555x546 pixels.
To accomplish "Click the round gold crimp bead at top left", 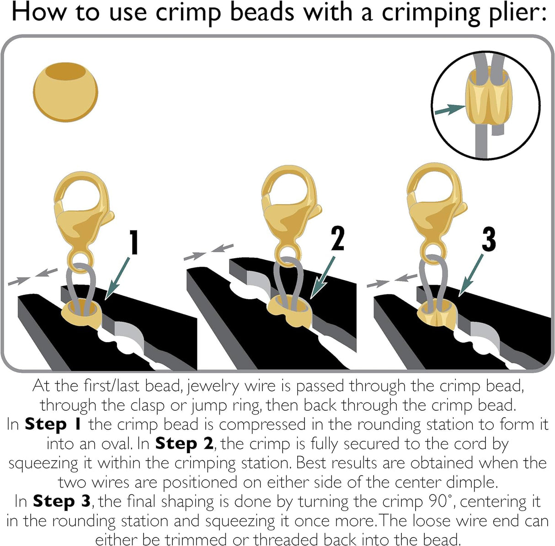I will pos(65,92).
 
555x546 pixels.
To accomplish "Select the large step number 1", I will pos(133,242).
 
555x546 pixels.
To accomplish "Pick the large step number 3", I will pos(488,239).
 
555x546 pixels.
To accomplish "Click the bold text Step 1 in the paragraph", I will pos(53,424).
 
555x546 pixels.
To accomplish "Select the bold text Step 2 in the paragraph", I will pos(184,444).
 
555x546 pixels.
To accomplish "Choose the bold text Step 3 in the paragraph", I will pos(62,501).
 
